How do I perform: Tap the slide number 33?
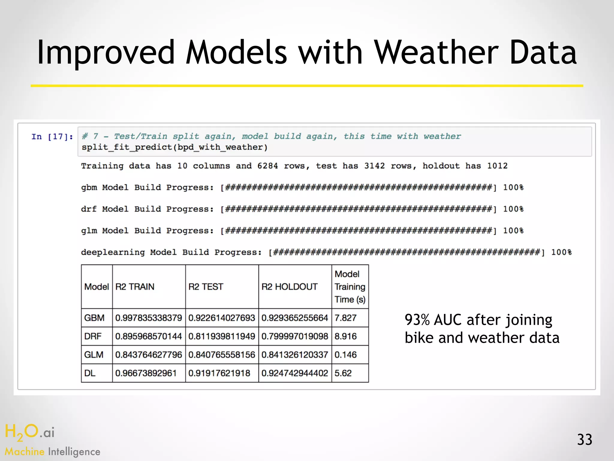point(584,440)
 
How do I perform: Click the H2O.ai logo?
point(29,432)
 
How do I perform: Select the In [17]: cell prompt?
point(52,137)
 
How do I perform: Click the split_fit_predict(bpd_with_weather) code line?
point(174,147)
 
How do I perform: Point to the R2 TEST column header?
point(206,287)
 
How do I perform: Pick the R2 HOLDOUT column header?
point(289,287)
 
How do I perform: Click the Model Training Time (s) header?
point(350,287)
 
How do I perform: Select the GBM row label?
point(94,318)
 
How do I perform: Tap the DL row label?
point(90,373)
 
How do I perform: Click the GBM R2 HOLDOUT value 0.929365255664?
point(294,318)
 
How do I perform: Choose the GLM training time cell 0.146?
point(345,355)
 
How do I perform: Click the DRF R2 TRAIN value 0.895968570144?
point(148,336)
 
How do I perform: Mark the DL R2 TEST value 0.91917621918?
point(219,373)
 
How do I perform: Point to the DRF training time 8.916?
point(345,336)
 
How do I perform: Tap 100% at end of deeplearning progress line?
point(561,252)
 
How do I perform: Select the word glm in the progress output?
point(89,231)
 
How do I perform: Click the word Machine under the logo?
point(25,452)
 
